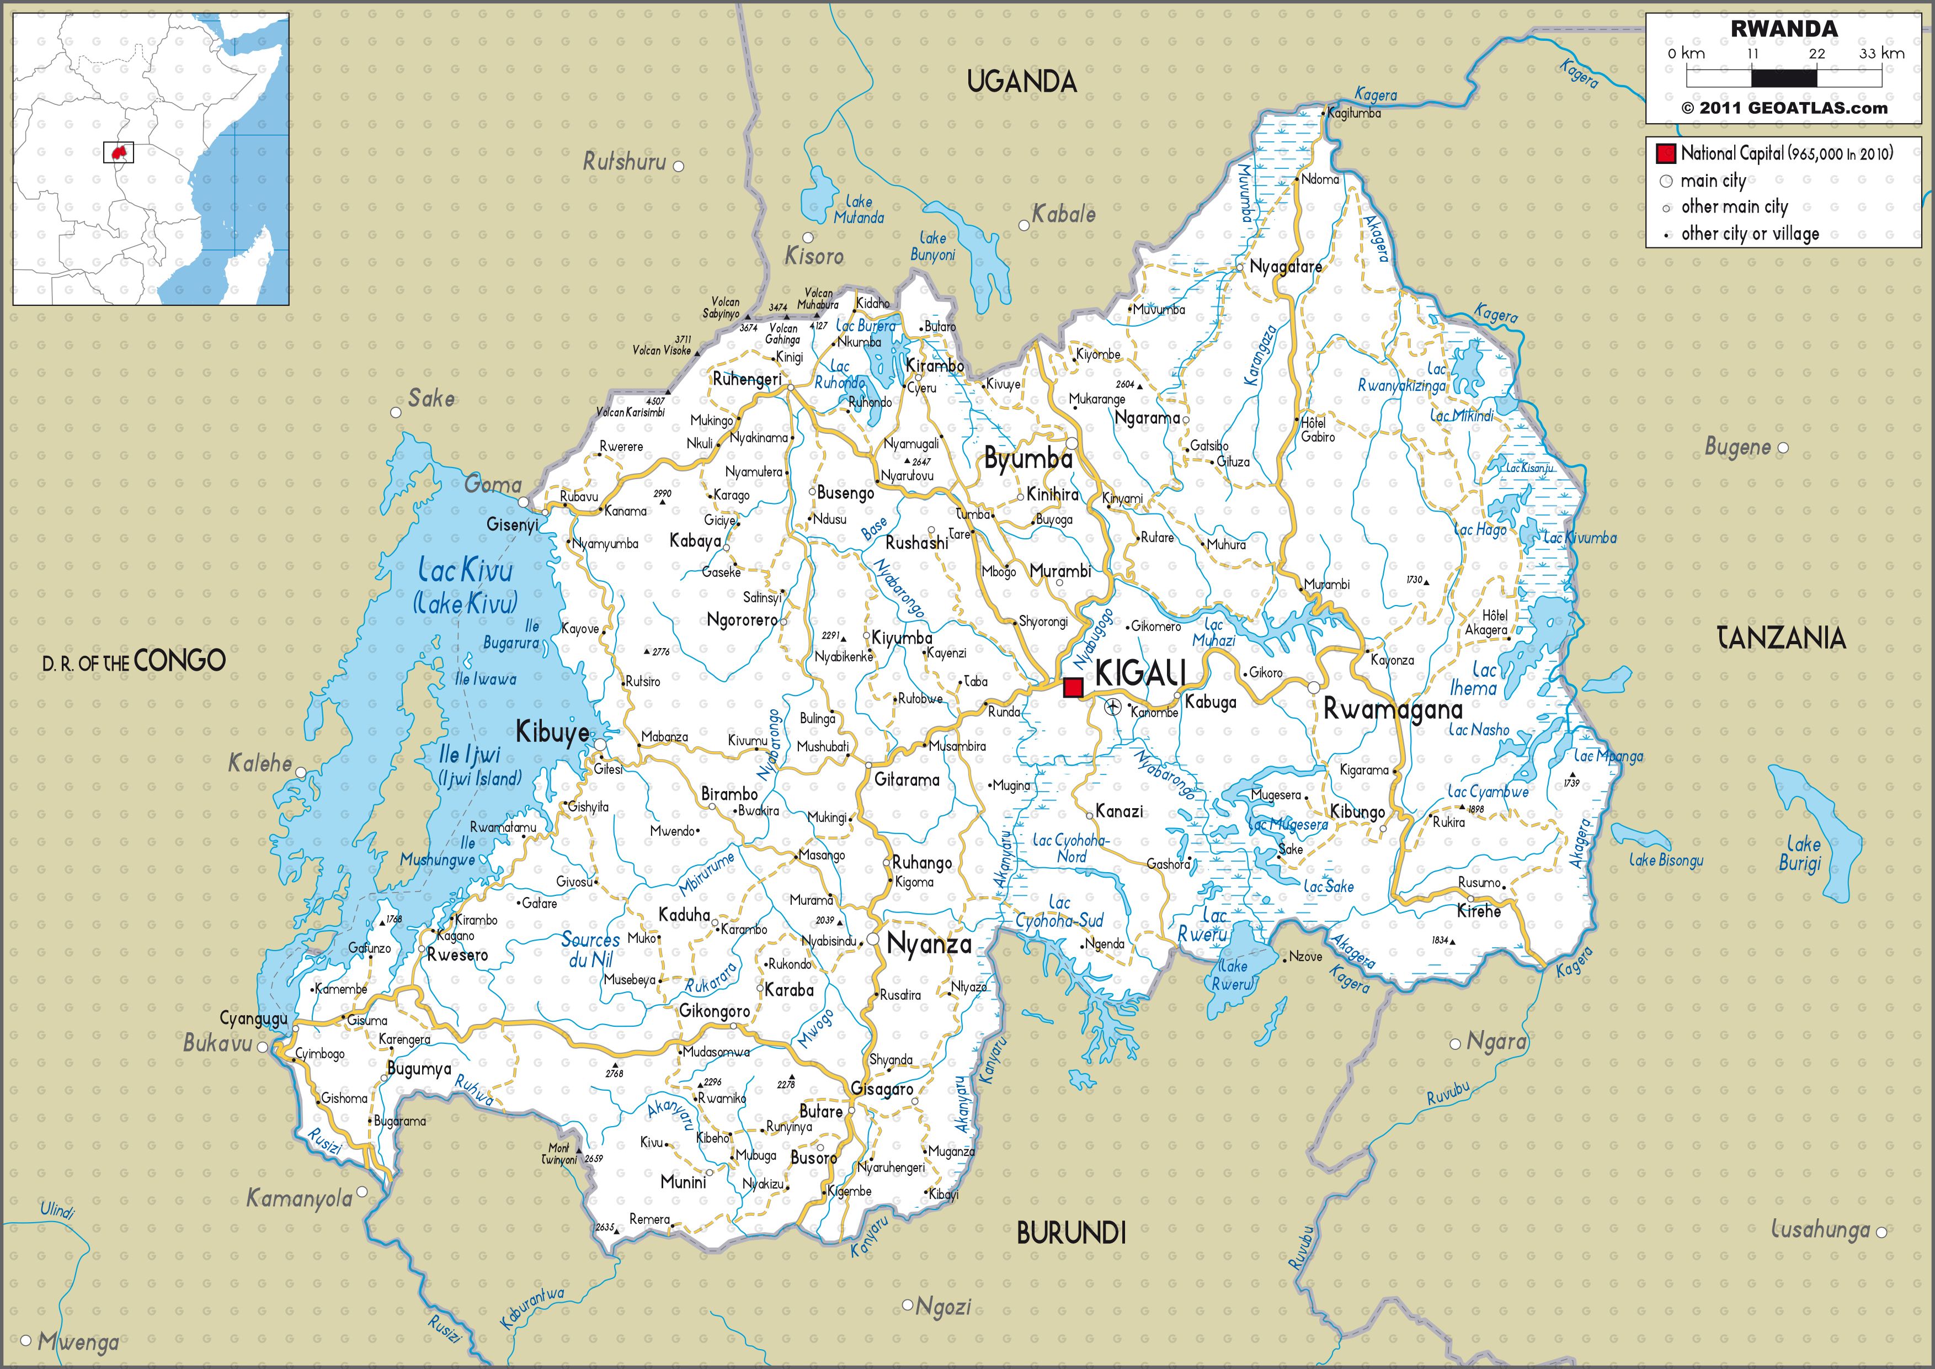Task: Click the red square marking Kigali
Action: [1073, 687]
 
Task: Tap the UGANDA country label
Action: [1021, 82]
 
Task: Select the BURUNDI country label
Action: [1071, 1233]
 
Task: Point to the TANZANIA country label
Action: [1781, 638]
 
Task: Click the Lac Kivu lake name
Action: [465, 571]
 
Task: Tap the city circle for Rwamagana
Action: [1313, 687]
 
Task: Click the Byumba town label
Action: [1028, 459]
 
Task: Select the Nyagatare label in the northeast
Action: [1285, 267]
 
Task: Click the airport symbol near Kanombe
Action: [1112, 707]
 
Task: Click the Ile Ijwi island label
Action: [470, 755]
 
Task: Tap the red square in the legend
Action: [1665, 153]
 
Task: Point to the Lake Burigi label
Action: [1800, 853]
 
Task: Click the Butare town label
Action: [821, 1111]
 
